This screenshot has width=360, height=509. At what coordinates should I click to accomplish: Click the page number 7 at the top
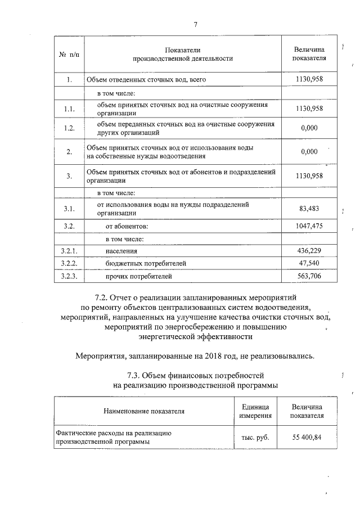pos(195,24)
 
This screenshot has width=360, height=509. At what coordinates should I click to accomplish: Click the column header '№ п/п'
pos(69,55)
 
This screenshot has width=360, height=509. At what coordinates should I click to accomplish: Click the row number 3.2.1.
pos(69,251)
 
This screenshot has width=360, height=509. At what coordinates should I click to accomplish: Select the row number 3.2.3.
pos(69,276)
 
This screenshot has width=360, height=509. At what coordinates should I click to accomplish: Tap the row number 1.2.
pos(69,128)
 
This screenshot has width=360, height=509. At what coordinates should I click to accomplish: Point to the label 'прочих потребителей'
pos(138,276)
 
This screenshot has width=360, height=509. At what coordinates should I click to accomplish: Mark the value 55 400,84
pos(307,437)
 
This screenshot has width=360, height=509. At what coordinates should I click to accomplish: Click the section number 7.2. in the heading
pos(103,296)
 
